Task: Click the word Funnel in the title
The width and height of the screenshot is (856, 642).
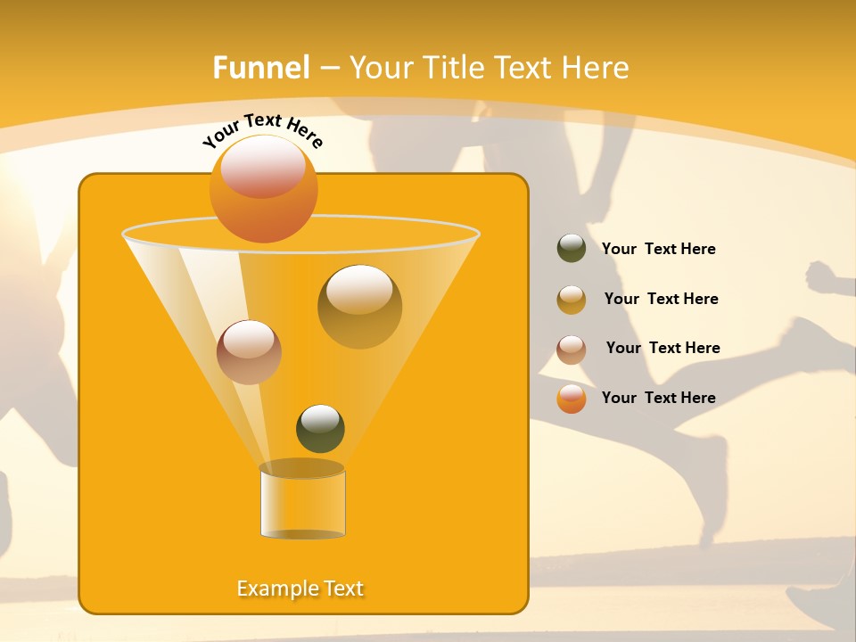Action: tap(261, 68)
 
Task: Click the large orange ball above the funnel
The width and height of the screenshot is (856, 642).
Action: tap(263, 188)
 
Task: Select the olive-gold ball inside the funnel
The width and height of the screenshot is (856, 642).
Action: tap(359, 306)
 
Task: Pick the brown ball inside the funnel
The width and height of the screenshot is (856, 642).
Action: tap(249, 352)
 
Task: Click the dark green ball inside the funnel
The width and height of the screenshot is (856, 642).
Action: tap(320, 429)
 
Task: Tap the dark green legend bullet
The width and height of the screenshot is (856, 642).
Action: tap(572, 249)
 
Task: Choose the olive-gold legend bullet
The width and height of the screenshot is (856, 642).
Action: tap(572, 300)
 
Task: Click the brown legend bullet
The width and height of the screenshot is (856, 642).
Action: tap(572, 350)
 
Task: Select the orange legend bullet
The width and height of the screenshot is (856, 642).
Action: tap(572, 399)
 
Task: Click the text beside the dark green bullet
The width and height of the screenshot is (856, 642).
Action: tap(658, 250)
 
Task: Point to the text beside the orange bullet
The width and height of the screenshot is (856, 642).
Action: tap(658, 398)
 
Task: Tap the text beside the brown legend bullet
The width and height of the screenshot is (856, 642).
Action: tap(663, 348)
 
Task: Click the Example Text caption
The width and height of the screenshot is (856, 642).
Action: tap(300, 588)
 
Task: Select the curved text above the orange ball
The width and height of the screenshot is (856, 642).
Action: tap(262, 129)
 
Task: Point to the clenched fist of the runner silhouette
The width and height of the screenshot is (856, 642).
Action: tap(820, 277)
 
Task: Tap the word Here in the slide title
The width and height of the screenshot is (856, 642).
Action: tap(596, 68)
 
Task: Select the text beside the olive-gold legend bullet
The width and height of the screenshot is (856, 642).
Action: tap(661, 299)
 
